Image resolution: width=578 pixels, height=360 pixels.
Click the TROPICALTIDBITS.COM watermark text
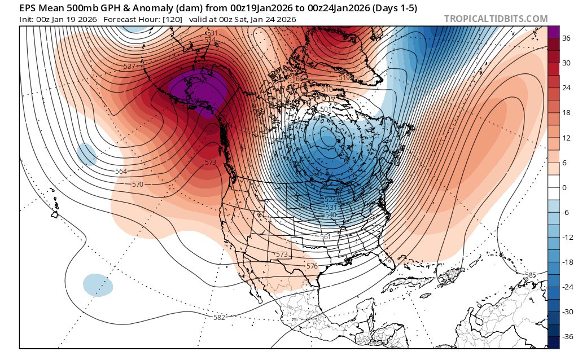[x=496, y=19]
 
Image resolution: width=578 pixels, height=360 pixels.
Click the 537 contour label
[x=130, y=67]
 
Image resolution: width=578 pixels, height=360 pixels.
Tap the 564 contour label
[x=121, y=172]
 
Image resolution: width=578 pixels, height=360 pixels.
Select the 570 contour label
[x=138, y=185]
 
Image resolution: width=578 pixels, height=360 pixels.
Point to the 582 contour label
[x=220, y=317]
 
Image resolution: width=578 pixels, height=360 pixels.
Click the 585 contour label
[x=530, y=275]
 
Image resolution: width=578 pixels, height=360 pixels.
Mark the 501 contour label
[x=326, y=109]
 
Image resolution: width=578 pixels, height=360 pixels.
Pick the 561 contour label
[x=325, y=237]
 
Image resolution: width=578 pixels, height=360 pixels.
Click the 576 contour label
[x=312, y=266]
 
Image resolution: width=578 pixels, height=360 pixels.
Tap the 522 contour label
[x=331, y=200]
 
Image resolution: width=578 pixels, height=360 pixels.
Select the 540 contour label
[x=331, y=215]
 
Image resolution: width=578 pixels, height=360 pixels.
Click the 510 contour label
[x=326, y=90]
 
